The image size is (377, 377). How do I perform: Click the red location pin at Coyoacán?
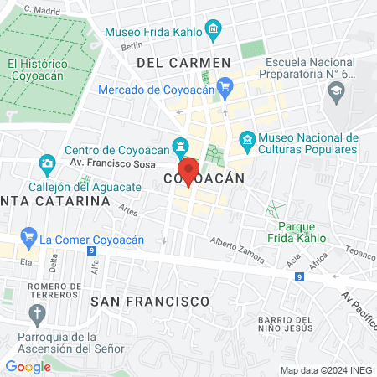tap(189, 170)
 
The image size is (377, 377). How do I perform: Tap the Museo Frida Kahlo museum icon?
tap(213, 33)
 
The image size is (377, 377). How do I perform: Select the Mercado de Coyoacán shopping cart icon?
tap(224, 85)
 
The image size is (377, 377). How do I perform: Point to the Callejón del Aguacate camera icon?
tap(47, 162)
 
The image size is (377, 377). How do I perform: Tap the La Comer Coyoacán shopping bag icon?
tap(28, 238)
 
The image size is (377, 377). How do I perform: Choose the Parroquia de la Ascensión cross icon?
tap(36, 314)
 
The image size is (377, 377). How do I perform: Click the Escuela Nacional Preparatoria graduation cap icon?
tap(338, 96)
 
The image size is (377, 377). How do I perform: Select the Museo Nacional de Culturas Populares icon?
tap(246, 138)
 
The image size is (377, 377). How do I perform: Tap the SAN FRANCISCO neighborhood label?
tap(149, 300)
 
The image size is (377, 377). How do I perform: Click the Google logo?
tap(28, 366)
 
